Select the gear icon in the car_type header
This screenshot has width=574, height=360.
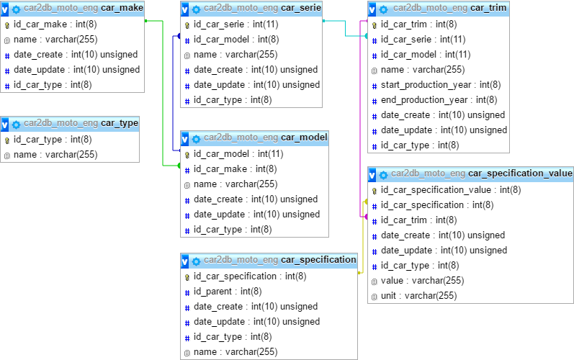pyautogui.click(x=16, y=125)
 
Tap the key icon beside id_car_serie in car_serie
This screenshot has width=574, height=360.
pyautogui.click(x=187, y=25)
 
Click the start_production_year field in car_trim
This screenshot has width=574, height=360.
pyautogui.click(x=441, y=85)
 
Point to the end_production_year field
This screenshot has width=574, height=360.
pyautogui.click(x=439, y=100)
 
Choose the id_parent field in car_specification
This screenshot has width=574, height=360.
pyautogui.click(x=228, y=292)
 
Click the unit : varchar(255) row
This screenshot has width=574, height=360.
pyautogui.click(x=418, y=296)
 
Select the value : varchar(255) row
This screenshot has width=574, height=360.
pyautogui.click(x=423, y=281)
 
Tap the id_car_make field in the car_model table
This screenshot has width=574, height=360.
pyautogui.click(x=235, y=169)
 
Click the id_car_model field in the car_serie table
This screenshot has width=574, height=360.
pyautogui.click(x=236, y=40)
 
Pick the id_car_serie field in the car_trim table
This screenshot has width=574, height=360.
pyautogui.click(x=423, y=40)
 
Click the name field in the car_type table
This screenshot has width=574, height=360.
pyautogui.click(x=55, y=155)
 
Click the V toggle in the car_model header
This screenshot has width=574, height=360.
pyautogui.click(x=185, y=139)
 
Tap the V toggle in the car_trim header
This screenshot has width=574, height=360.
pyautogui.click(x=372, y=9)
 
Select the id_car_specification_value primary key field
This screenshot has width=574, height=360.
pyautogui.click(x=451, y=190)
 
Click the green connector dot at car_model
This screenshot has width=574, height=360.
pyautogui.click(x=179, y=166)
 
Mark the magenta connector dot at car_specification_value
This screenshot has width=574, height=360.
pyautogui.click(x=366, y=217)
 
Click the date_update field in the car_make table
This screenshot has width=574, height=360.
pyautogui.click(x=77, y=70)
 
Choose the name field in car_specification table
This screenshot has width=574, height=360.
pyautogui.click(x=236, y=352)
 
